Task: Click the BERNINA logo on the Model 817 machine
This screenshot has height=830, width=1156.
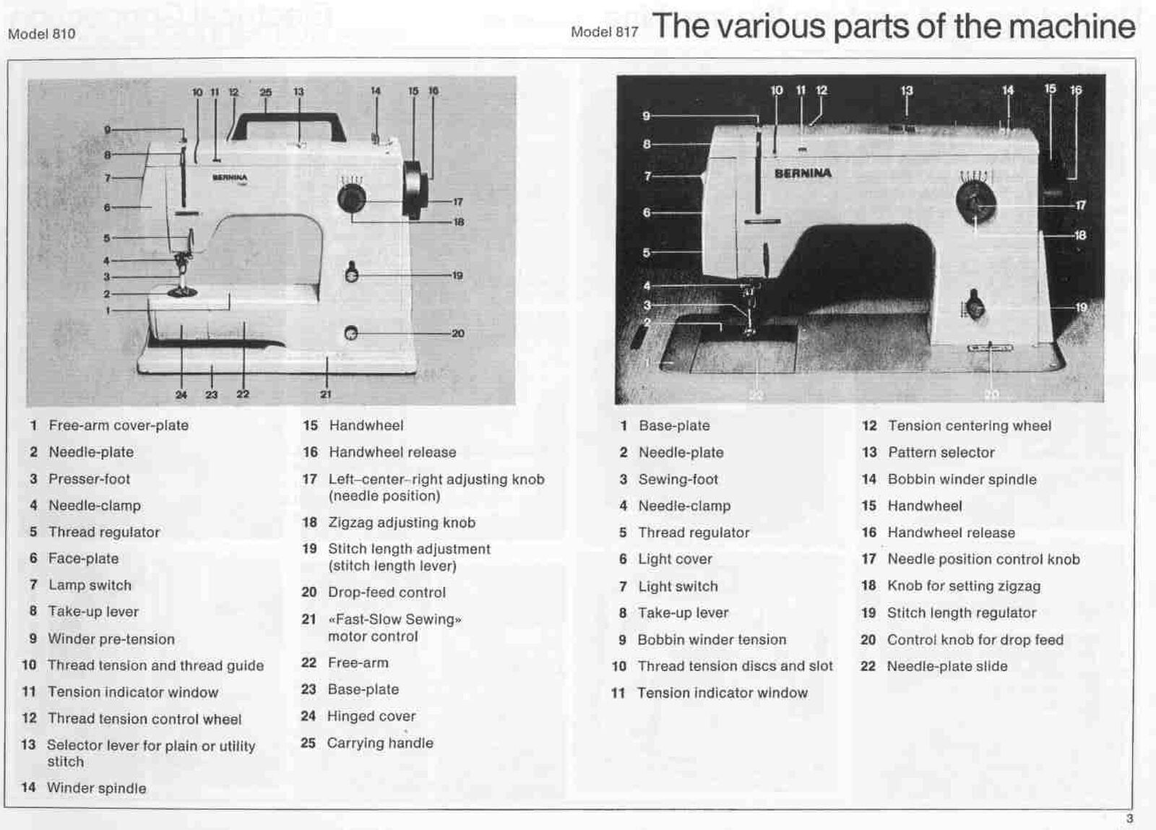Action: [803, 173]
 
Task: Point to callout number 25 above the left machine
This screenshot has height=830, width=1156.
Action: [265, 92]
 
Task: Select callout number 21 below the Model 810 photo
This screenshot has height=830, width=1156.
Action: [326, 394]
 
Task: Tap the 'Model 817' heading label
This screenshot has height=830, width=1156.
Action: [604, 33]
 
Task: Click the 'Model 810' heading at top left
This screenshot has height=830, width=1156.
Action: [41, 34]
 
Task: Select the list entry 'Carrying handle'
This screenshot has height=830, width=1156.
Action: [379, 743]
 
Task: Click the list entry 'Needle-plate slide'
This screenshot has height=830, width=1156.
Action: [946, 666]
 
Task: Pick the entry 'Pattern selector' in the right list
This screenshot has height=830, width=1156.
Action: [941, 452]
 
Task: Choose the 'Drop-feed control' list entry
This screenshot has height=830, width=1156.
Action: [386, 592]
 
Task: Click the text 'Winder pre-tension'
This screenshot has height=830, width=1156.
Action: [111, 639]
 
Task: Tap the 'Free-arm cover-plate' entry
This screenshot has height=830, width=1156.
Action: [118, 425]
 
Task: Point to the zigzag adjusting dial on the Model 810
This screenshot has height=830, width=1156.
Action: [352, 198]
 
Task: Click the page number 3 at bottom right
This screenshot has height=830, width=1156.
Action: [1129, 818]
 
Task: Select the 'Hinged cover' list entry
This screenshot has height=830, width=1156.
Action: [371, 716]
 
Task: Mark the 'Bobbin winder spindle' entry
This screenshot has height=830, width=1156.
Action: [961, 479]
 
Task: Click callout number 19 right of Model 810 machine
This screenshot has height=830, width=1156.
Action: [457, 275]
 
